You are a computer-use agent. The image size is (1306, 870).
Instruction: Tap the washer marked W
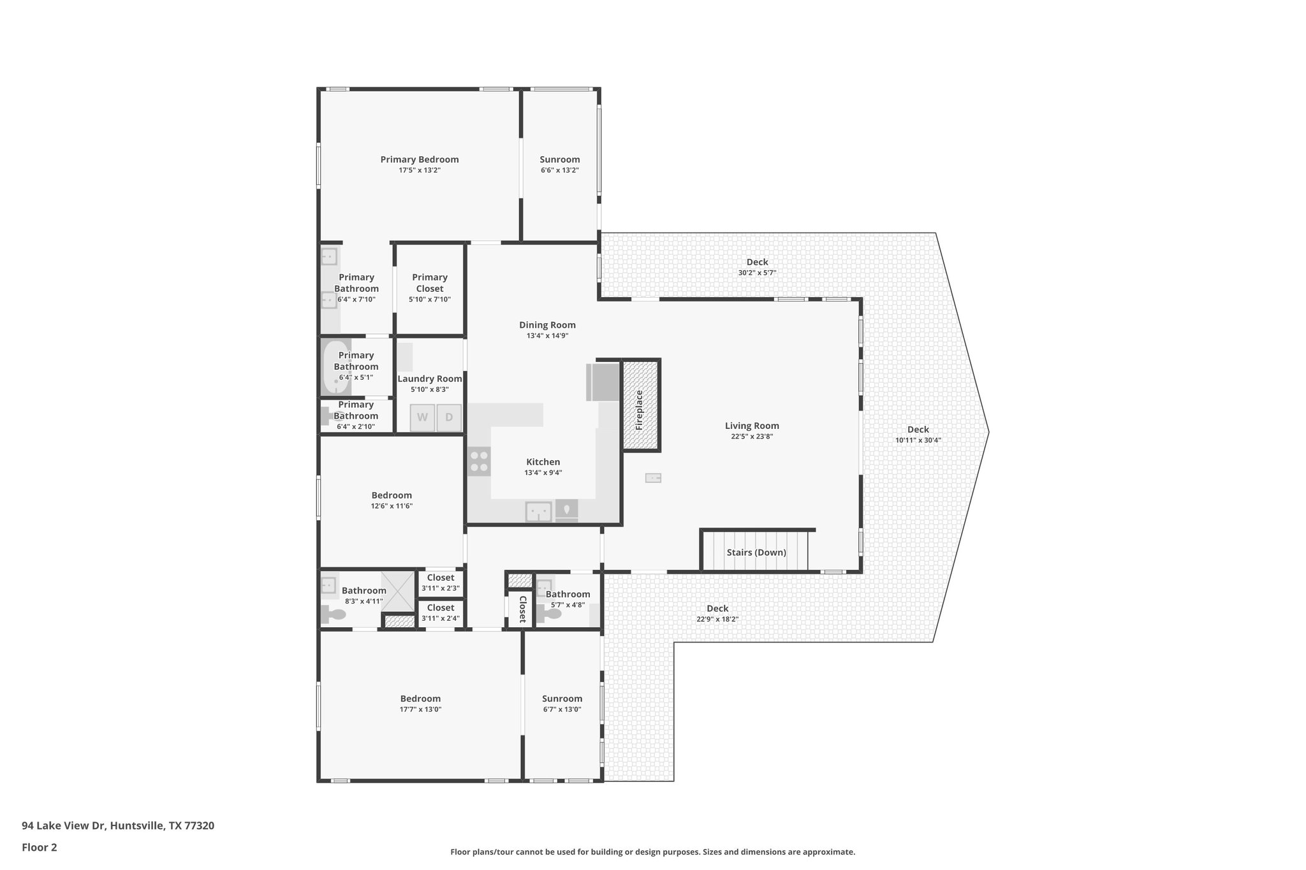pos(422,418)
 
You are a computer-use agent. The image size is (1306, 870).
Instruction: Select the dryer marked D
pos(449,418)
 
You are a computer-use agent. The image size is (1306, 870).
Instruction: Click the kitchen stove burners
pos(479,461)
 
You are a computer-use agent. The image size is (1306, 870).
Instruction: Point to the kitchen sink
pos(538,511)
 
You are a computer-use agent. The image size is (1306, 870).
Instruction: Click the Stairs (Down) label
pos(756,553)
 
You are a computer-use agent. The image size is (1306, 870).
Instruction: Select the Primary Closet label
pos(430,282)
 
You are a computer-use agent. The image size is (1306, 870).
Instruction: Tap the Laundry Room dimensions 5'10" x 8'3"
pos(430,389)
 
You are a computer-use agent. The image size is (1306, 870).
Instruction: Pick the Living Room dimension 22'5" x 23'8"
pos(752,437)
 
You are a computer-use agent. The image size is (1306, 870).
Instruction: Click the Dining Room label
pos(547,325)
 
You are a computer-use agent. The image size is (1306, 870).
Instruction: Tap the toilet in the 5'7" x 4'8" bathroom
pos(549,614)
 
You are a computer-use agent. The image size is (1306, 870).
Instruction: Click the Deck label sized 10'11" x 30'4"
pos(918,430)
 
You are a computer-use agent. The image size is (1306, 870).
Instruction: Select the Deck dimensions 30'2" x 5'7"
pos(757,273)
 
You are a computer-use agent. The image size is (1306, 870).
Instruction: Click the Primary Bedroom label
pos(420,160)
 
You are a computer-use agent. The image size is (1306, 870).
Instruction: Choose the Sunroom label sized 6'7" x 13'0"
pos(562,699)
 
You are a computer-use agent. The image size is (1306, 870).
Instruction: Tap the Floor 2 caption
pos(40,848)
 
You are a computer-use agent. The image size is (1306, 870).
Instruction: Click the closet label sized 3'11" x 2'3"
pos(441,578)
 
